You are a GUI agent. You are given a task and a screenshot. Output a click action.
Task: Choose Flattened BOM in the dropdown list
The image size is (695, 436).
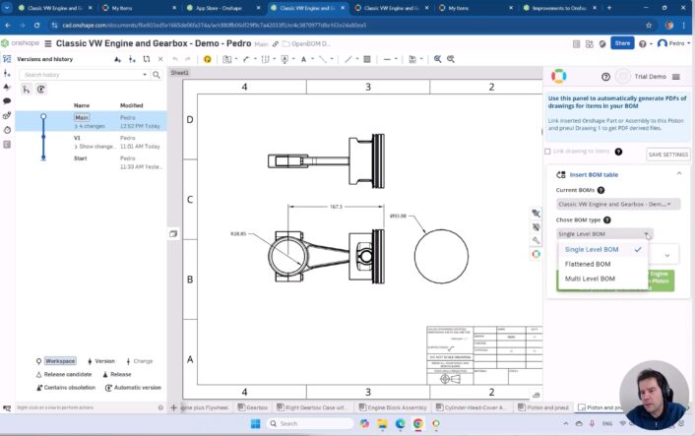click(588, 264)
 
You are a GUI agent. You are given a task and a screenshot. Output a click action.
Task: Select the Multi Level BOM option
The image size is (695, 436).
click(590, 279)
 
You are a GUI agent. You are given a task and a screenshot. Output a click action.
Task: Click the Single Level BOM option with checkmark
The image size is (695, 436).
click(592, 249)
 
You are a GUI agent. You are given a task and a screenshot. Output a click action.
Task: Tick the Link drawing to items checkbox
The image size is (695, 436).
click(548, 152)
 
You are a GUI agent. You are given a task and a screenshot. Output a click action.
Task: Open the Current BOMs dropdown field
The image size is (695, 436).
click(617, 204)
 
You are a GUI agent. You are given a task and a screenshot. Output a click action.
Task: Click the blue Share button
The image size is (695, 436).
click(622, 43)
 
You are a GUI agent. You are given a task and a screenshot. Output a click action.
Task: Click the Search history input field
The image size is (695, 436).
click(85, 75)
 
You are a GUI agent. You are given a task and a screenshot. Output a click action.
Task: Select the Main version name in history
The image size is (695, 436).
click(83, 116)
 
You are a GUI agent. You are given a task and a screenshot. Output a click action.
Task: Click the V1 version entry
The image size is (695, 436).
click(77, 138)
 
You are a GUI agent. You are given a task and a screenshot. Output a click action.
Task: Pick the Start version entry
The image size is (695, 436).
click(81, 158)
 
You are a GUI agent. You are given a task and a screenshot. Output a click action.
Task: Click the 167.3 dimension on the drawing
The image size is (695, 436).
click(336, 207)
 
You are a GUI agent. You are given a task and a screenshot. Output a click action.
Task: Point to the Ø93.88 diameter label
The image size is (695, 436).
click(399, 216)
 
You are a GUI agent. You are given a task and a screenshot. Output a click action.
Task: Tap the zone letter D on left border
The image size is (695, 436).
click(190, 120)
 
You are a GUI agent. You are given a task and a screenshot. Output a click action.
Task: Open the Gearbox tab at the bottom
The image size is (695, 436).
click(257, 406)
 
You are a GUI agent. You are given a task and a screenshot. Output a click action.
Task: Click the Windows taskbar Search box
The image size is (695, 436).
click(299, 424)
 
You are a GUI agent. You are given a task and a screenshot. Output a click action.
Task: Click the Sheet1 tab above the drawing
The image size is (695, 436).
click(179, 73)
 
